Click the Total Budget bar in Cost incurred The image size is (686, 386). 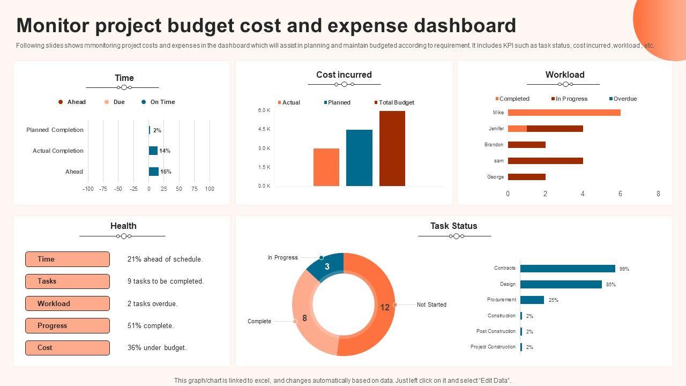click(392, 149)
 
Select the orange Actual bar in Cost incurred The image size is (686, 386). click(326, 167)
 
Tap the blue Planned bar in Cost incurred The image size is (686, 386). click(359, 158)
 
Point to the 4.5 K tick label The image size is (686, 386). click(264, 129)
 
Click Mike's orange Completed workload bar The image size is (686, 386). click(564, 113)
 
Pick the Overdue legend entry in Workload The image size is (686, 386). click(623, 99)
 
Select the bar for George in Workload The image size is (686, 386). click(526, 177)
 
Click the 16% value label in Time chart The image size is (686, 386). click(166, 172)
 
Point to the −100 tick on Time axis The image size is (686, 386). click(88, 189)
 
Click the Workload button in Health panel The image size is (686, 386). click(68, 303)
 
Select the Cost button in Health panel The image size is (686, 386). click(68, 348)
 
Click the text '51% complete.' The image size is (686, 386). click(151, 325)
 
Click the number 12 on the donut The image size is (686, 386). click(385, 307)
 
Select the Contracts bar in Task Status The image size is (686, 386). click(568, 269)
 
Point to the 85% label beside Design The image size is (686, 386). click(611, 285)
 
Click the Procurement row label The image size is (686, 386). click(502, 300)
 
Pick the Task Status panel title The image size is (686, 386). click(453, 226)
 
